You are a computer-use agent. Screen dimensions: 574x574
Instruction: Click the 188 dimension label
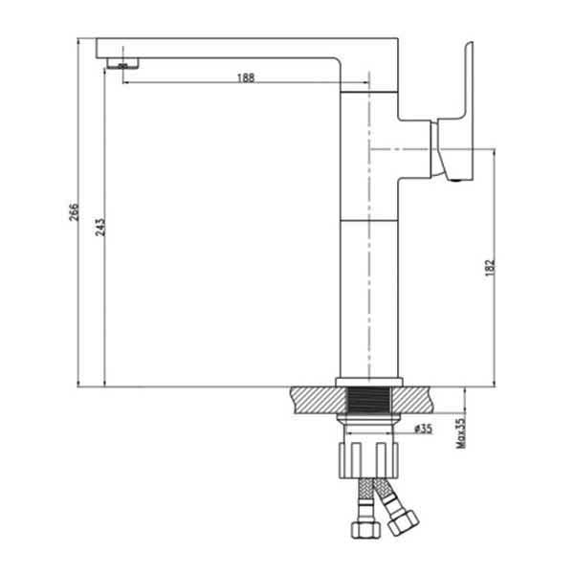[x=246, y=77]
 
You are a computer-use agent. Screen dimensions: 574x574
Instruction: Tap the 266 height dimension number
[x=74, y=211]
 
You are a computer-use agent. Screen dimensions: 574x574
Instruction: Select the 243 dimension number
[x=99, y=227]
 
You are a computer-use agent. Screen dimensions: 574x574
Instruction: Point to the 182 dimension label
[x=490, y=268]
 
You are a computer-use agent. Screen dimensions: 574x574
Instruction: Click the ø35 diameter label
[x=423, y=429]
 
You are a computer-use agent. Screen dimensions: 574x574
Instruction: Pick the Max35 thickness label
[x=460, y=433]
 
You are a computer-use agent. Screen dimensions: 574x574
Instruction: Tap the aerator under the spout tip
[x=122, y=63]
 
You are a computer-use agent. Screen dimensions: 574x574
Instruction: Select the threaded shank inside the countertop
[x=368, y=401]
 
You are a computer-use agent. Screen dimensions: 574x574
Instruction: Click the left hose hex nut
[x=366, y=529]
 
